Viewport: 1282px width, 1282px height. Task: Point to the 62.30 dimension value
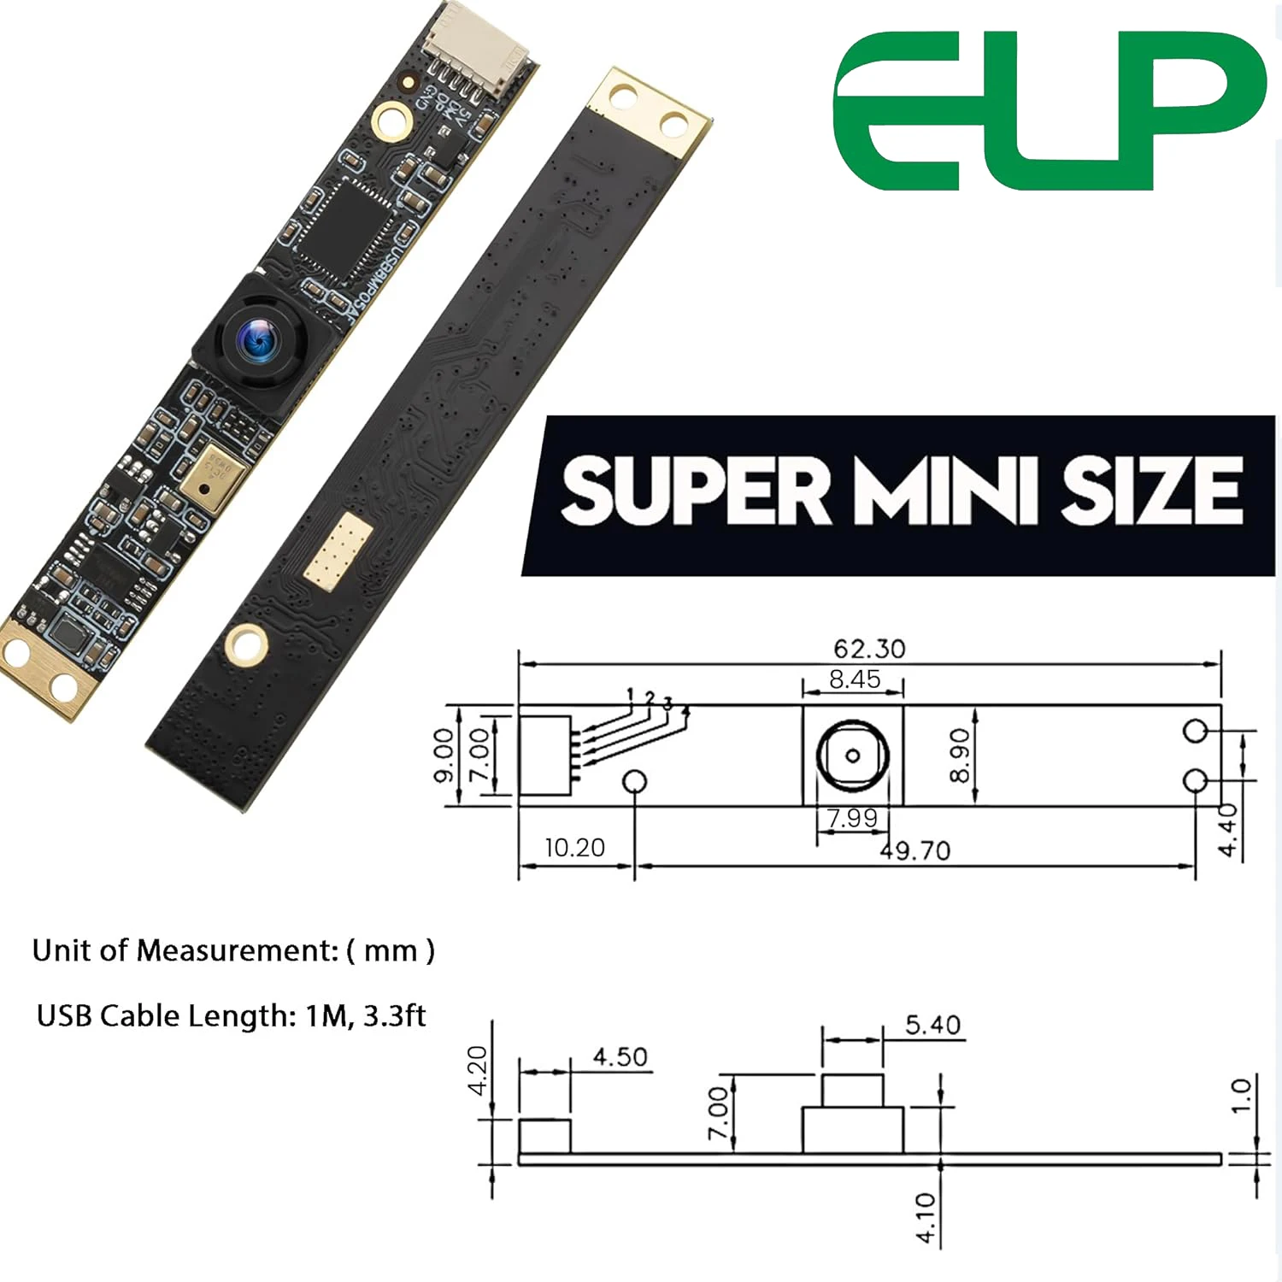869,649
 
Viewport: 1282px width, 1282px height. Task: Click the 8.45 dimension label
854,679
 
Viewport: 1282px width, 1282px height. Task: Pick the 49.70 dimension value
915,850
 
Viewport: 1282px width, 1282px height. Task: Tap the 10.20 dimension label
574,848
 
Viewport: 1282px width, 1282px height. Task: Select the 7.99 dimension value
852,819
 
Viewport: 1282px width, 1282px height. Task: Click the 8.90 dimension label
960,756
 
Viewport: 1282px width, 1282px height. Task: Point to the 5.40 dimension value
932,1025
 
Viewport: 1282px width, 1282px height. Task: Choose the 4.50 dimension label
620,1057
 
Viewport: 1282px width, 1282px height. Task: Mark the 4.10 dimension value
926,1218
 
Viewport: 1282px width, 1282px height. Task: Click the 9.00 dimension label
443,756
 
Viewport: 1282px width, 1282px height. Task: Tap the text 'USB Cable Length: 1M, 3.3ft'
231,1015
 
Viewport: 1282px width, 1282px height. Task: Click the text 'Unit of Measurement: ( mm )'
233,950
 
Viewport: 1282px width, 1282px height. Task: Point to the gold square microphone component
211,475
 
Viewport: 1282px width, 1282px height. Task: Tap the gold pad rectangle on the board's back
339,551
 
